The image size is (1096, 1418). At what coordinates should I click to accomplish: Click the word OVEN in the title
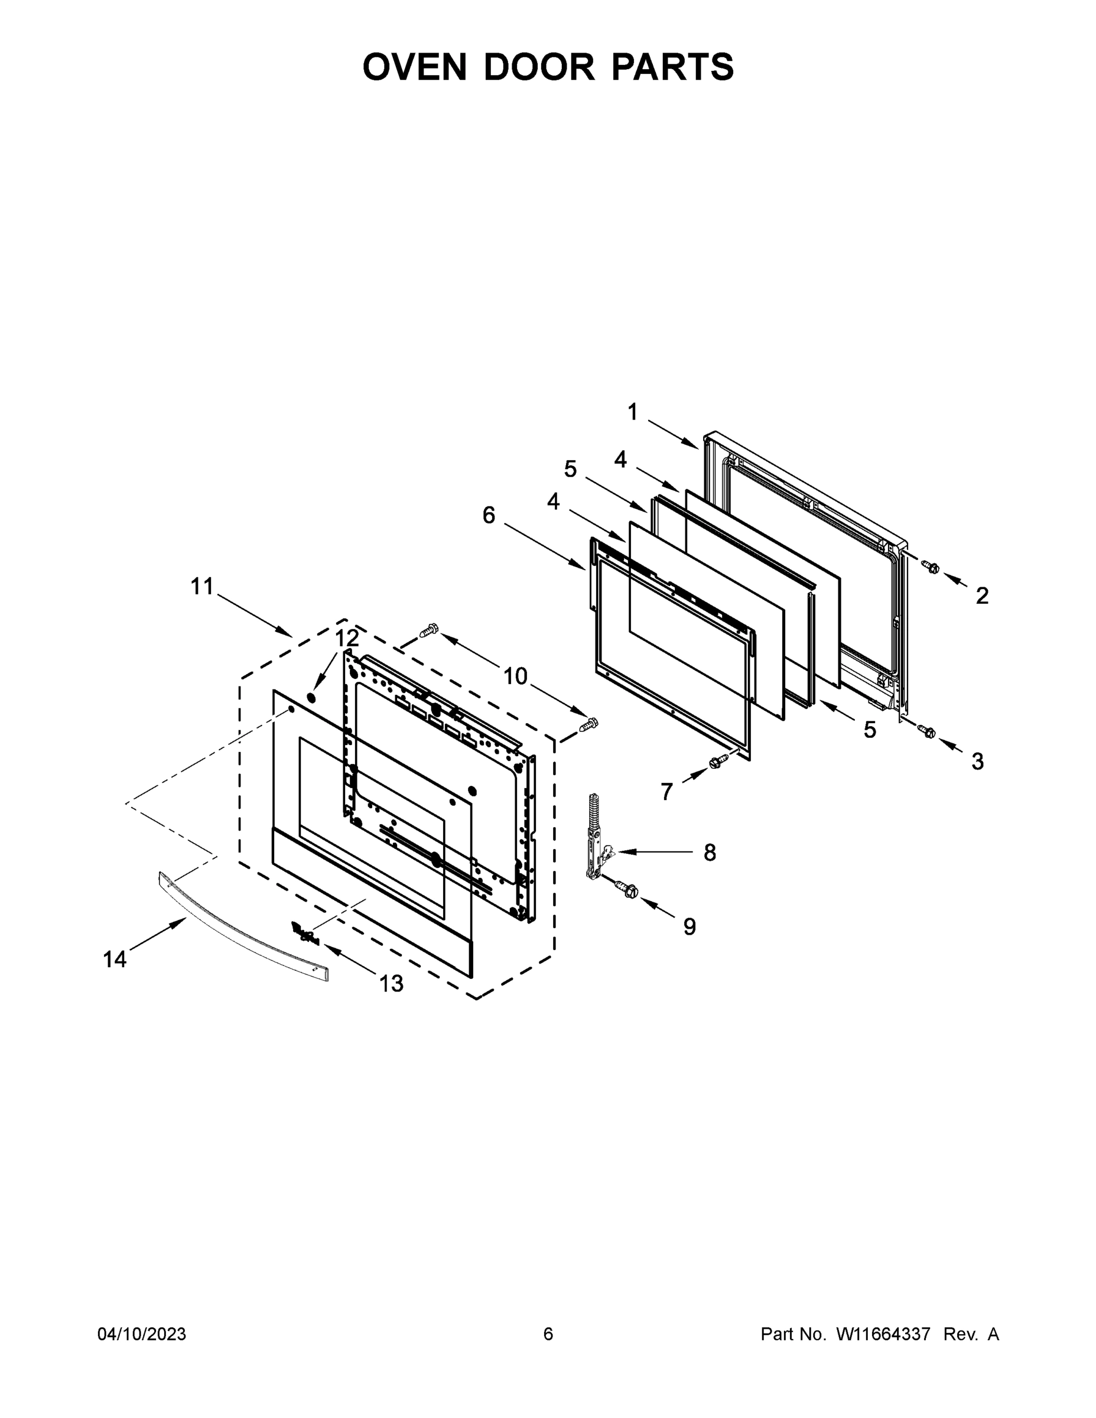coord(414,67)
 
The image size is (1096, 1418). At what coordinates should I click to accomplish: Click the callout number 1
coord(632,412)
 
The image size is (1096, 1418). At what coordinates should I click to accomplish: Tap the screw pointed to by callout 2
coord(931,567)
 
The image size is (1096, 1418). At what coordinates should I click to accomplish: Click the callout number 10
coord(516,676)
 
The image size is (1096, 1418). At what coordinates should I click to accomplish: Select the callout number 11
coord(202,586)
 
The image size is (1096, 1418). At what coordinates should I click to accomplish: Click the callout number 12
coord(347,638)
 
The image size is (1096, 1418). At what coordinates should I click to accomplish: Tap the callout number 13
coord(392,984)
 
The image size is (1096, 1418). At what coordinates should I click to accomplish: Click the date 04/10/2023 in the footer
coord(142,1334)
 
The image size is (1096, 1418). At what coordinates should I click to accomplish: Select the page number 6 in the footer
coord(548,1334)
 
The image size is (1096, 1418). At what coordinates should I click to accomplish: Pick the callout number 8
coord(710,853)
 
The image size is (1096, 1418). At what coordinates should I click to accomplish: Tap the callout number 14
coord(115,959)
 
